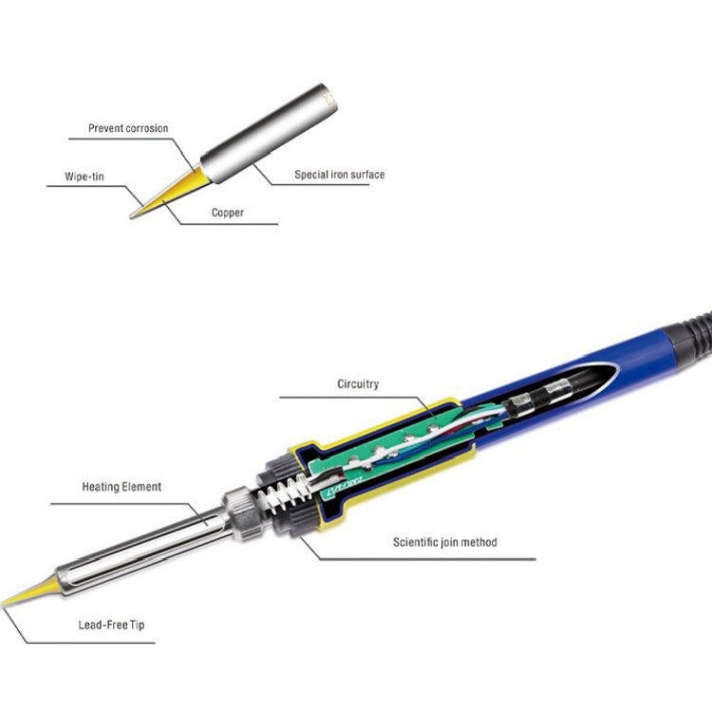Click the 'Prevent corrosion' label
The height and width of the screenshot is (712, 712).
(x=127, y=128)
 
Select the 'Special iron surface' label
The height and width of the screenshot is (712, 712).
(x=339, y=175)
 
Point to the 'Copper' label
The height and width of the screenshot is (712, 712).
(x=227, y=214)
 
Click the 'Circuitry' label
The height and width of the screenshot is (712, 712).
(x=358, y=384)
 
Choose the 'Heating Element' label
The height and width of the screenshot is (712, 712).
(x=121, y=487)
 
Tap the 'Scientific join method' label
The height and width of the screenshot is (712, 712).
(x=444, y=543)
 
